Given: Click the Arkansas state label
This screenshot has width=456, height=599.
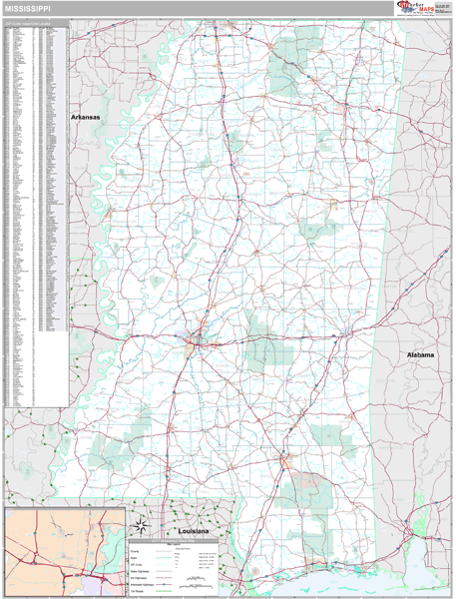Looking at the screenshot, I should tap(85, 117).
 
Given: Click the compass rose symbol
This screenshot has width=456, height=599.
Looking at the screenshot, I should tap(142, 526).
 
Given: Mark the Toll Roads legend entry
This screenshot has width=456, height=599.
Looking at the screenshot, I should tap(138, 590).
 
